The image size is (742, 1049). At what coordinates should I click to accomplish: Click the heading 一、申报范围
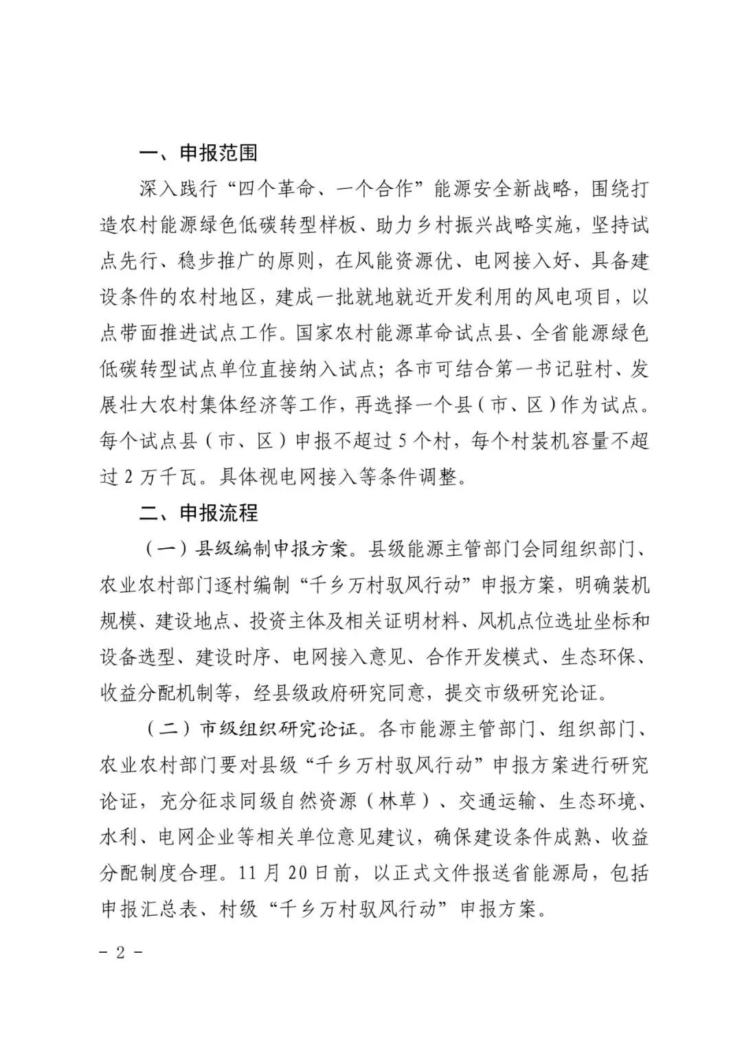pos(198,152)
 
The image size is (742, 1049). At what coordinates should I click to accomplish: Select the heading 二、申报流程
pos(198,512)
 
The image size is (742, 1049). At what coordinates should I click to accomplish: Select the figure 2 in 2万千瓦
pos(128,476)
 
